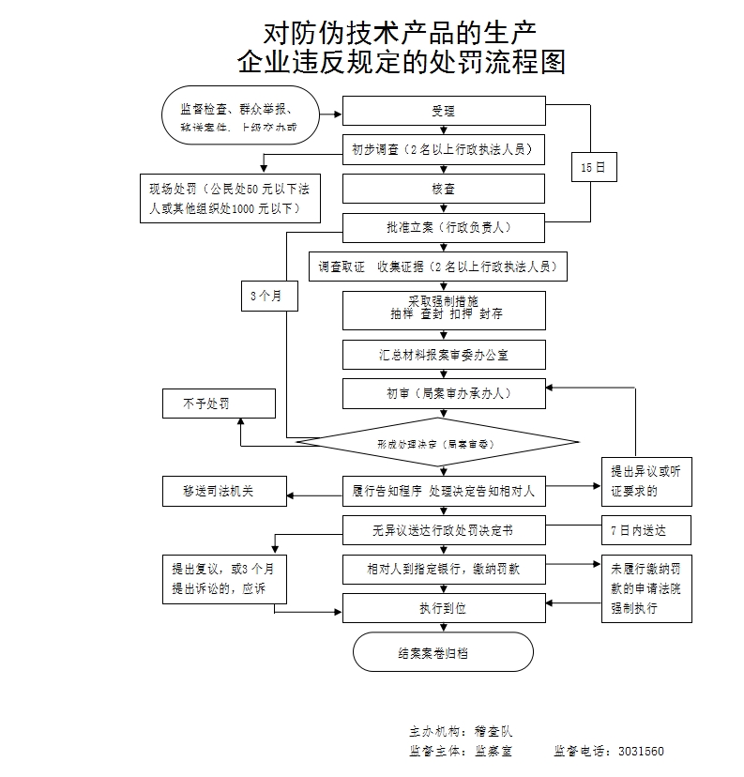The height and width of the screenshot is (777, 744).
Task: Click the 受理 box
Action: [443, 111]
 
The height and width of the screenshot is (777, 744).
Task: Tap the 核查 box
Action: [443, 189]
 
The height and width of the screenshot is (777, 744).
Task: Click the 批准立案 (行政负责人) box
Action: [443, 227]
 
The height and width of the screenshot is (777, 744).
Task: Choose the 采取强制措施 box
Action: [443, 309]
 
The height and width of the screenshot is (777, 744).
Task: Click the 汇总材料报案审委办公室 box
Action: [443, 354]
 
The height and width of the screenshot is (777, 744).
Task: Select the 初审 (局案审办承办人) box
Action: [443, 393]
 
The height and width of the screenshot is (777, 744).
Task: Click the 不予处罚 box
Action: [219, 404]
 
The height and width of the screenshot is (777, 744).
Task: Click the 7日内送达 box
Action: [645, 530]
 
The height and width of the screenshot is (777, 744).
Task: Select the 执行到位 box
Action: [443, 608]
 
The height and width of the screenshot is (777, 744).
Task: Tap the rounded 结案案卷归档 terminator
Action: [443, 652]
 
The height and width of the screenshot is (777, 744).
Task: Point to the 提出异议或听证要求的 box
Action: [646, 480]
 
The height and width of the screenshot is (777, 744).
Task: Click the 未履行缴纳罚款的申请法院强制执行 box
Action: [646, 588]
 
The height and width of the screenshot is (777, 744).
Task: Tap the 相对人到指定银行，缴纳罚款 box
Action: [443, 569]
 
